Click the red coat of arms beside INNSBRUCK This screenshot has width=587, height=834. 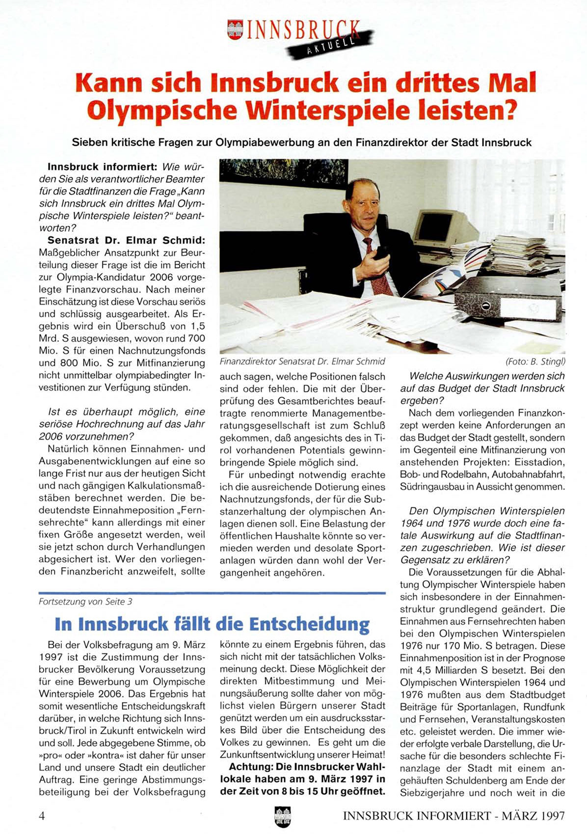235,29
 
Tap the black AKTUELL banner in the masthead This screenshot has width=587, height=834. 330,44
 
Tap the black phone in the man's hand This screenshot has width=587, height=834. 382,252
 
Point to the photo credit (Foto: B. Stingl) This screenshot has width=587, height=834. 535,361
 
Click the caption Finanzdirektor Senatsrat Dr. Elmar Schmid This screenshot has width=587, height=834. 302,361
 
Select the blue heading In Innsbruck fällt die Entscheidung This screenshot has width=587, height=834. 212,624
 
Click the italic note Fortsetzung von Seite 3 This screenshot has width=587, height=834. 85,602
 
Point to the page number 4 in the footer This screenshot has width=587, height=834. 42,816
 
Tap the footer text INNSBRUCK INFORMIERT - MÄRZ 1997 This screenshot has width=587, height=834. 454,816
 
